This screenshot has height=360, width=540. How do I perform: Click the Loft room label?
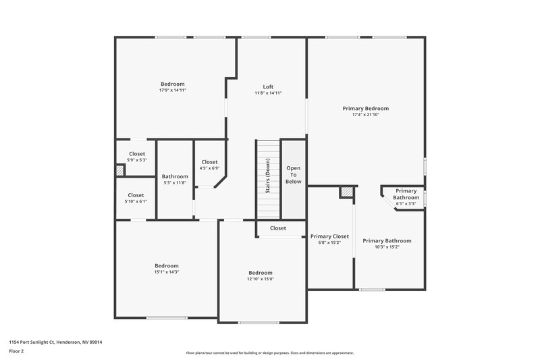[x=268, y=86]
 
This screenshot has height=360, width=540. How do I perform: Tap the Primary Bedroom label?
[x=366, y=108]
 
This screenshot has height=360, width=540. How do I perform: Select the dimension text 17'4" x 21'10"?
[x=366, y=115]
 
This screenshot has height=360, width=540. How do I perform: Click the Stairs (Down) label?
[x=268, y=176]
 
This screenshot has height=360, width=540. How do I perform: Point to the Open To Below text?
[x=293, y=175]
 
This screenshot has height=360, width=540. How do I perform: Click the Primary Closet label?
[x=329, y=236]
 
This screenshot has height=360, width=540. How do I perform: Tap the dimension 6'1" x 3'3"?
[x=406, y=203]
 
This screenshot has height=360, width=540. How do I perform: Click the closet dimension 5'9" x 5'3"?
[x=136, y=160]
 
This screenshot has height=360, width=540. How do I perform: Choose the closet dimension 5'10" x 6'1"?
[x=136, y=201]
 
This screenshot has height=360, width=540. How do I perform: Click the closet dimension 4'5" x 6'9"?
[x=209, y=168]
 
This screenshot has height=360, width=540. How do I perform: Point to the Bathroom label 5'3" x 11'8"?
[x=175, y=182]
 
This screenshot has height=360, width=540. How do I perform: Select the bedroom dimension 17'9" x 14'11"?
[x=172, y=90]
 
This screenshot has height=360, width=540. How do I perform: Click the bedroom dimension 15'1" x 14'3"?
[x=166, y=272]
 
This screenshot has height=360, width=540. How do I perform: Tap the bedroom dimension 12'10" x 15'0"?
[x=261, y=279]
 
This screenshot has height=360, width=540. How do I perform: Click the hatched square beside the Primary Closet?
[x=346, y=192]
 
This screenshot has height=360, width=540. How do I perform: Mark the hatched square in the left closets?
[x=119, y=172]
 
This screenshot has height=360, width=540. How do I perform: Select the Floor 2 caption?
[x=16, y=351]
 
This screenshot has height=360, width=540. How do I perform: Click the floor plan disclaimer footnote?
[x=269, y=353]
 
